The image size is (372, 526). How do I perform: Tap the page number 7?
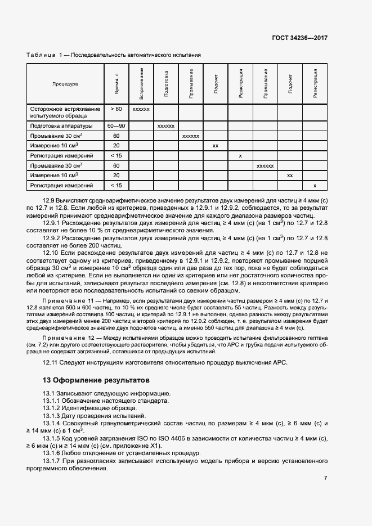click(x=325, y=478)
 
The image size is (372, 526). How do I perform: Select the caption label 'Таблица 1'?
click(x=44, y=55)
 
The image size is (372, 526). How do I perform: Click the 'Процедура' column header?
click(x=65, y=84)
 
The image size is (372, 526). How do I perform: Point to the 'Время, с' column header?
click(x=116, y=84)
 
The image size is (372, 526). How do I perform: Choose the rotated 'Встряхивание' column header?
click(x=141, y=83)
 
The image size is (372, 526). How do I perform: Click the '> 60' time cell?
click(x=116, y=109)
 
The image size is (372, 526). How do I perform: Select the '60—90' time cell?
click(x=116, y=126)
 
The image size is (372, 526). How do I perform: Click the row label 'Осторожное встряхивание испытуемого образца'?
click(x=65, y=112)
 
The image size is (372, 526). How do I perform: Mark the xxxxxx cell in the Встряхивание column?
click(x=141, y=109)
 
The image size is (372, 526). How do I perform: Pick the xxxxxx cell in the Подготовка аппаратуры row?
click(x=166, y=126)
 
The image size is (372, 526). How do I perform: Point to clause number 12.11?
click(x=51, y=362)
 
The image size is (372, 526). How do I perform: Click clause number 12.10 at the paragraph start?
click(x=51, y=253)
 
